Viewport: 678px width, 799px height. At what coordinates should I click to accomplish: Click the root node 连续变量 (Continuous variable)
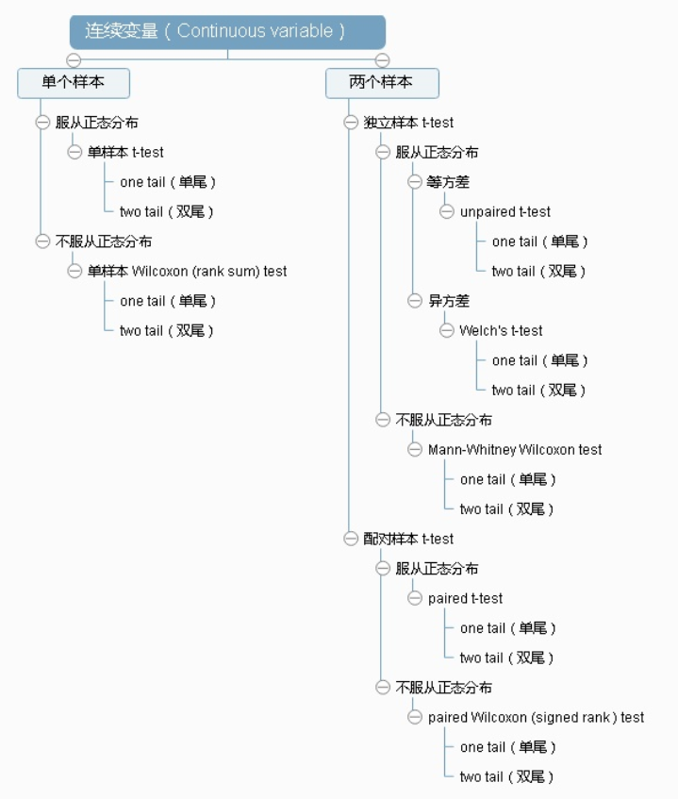(227, 31)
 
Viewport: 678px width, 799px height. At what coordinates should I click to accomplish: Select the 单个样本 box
(74, 83)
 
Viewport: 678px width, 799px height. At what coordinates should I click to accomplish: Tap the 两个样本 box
(382, 83)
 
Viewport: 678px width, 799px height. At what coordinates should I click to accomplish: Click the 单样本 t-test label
(125, 152)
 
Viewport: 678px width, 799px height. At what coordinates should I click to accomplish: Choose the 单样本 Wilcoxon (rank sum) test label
(187, 271)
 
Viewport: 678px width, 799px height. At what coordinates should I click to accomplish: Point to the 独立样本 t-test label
(408, 123)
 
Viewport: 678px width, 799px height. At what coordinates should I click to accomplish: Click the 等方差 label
(448, 182)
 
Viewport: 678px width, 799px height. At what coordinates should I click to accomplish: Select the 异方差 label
(448, 301)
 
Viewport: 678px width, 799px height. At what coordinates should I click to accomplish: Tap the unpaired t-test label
(504, 211)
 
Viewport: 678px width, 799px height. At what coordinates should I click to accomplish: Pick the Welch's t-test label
(501, 330)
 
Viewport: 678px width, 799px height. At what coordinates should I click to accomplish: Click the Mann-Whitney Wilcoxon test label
(515, 449)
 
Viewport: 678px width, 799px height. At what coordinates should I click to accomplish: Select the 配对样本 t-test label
(408, 539)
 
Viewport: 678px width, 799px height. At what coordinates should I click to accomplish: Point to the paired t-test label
(465, 598)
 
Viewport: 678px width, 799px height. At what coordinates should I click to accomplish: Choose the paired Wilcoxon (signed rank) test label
(536, 717)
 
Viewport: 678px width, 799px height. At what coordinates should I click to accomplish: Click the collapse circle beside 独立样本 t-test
(351, 123)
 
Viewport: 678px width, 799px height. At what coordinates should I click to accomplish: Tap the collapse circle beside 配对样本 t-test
(351, 539)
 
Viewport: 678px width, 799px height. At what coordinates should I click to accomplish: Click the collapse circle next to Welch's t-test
(446, 330)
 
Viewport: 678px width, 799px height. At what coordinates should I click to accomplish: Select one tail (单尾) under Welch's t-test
(539, 360)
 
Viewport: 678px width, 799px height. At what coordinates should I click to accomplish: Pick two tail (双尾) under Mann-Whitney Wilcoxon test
(507, 508)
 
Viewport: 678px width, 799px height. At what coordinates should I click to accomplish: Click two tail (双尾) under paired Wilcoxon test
(507, 776)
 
